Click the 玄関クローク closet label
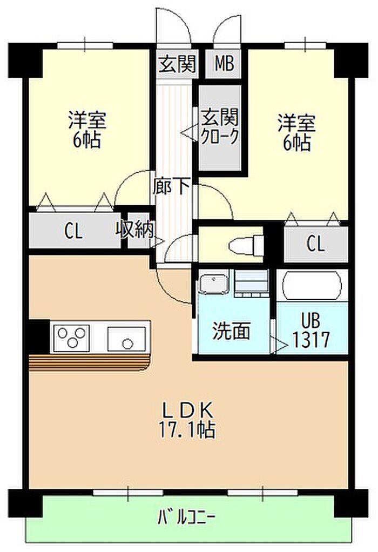[x=220, y=126]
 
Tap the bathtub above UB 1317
[x=313, y=285]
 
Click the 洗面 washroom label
[x=231, y=332]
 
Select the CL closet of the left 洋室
[x=73, y=232]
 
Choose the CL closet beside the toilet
[x=316, y=244]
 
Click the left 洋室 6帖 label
[x=86, y=130]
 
